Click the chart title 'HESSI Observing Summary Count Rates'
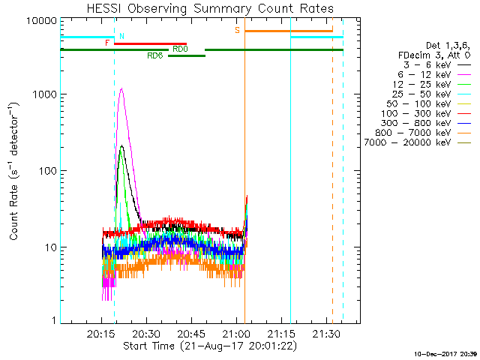point(210,8)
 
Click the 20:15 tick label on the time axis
point(101,333)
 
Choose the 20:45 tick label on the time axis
point(191,333)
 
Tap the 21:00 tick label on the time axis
point(236,333)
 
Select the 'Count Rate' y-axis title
point(15,172)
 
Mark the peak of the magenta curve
point(121,88)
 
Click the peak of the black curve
point(121,145)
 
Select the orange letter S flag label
point(238,30)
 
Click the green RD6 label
point(155,55)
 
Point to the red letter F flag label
point(108,43)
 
